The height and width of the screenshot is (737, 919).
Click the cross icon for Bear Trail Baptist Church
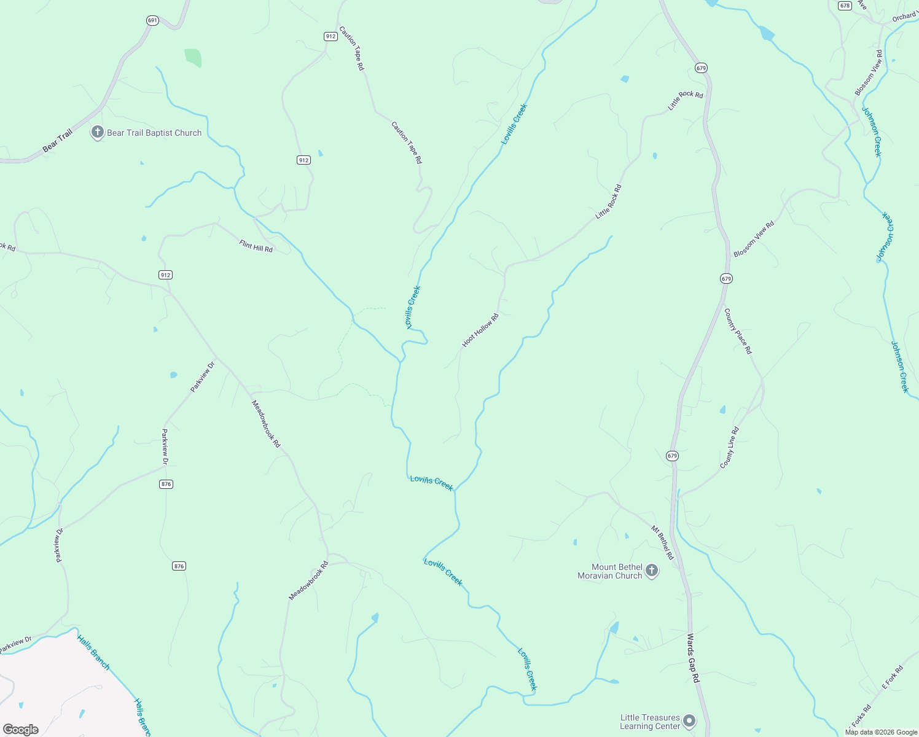click(x=97, y=132)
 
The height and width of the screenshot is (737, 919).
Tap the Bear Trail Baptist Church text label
click(x=154, y=133)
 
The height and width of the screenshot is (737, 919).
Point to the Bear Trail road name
click(x=57, y=141)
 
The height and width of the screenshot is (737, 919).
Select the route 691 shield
click(x=153, y=20)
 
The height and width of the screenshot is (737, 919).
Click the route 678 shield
click(x=845, y=6)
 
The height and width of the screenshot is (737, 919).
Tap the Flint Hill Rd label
click(x=256, y=246)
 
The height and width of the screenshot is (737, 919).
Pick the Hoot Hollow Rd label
click(x=480, y=330)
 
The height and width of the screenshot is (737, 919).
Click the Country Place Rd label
click(x=737, y=331)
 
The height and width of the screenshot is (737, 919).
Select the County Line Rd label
click(x=729, y=448)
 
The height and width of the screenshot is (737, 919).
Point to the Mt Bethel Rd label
click(x=663, y=542)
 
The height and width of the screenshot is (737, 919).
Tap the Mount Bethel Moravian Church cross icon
click(x=652, y=571)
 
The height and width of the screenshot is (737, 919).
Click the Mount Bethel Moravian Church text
click(x=610, y=571)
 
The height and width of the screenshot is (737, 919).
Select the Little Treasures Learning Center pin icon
click(x=689, y=721)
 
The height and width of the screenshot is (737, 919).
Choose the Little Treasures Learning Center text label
click(x=650, y=722)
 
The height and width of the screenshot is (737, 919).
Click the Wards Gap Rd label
click(x=693, y=658)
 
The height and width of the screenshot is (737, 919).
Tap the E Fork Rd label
click(x=893, y=677)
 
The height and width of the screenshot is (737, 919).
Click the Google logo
click(x=20, y=730)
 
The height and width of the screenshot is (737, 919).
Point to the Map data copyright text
click(x=881, y=732)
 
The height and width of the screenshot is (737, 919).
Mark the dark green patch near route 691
click(x=193, y=57)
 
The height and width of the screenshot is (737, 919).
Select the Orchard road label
click(x=905, y=17)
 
